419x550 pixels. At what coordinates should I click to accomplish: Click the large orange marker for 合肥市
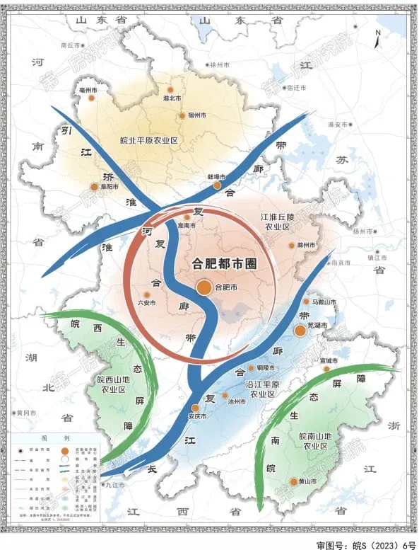click(x=203, y=287)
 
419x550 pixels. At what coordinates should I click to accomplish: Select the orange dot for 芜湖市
click(x=300, y=331)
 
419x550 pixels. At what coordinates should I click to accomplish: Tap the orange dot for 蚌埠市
click(x=218, y=185)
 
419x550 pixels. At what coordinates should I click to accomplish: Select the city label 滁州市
click(x=306, y=246)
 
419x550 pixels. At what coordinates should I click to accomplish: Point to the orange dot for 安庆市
click(x=196, y=408)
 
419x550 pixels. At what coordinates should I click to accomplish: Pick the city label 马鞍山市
click(x=324, y=302)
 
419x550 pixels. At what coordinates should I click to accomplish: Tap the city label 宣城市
click(x=329, y=361)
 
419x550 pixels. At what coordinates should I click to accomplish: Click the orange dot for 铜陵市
click(x=251, y=368)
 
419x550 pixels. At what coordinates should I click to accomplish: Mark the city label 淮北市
click(x=172, y=98)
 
